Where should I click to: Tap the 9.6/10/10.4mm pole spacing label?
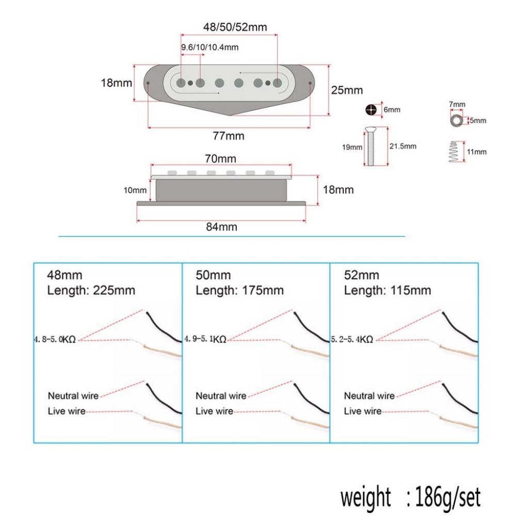tap(209, 47)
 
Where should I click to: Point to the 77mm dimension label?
tap(229, 136)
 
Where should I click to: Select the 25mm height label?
tap(347, 90)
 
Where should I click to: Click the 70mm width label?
tap(221, 158)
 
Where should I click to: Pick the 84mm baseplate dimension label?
tap(221, 227)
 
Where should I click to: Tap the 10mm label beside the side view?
tap(135, 190)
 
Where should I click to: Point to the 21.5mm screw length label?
tap(403, 147)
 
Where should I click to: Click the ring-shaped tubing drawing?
tap(456, 120)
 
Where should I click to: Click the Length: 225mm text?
tap(91, 291)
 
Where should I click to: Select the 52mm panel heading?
tap(361, 275)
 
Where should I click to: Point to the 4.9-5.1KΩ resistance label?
tap(205, 340)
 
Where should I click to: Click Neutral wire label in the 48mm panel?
tap(73, 396)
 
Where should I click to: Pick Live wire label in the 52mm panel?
tap(362, 411)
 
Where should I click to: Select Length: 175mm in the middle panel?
tap(239, 291)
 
